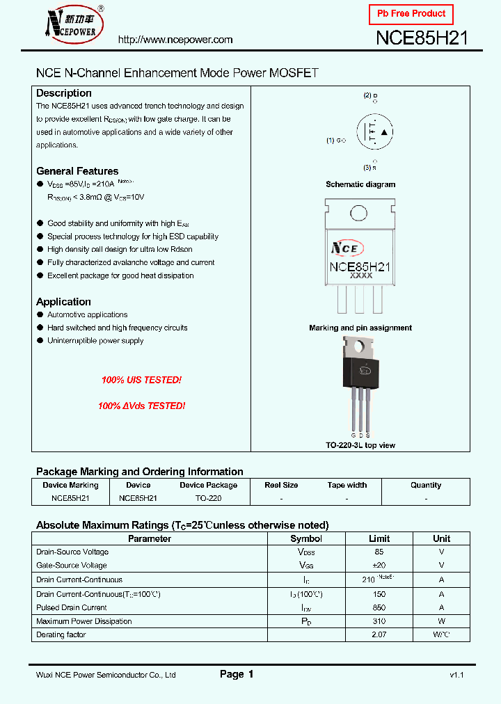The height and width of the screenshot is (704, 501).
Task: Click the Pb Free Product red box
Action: click(411, 14)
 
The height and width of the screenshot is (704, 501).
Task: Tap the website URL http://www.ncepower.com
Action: click(175, 40)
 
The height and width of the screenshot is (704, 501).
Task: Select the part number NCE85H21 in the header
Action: click(422, 38)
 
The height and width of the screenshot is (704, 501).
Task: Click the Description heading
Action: click(64, 93)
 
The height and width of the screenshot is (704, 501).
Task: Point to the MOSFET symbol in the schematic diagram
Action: click(374, 132)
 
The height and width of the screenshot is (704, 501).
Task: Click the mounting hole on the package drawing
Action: click(359, 213)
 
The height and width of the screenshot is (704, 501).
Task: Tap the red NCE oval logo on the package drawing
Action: click(347, 248)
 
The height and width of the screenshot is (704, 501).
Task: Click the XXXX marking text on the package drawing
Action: click(360, 276)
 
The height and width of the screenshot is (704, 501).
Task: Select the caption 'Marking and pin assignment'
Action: click(360, 328)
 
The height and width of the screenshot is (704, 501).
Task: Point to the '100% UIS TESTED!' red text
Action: click(141, 381)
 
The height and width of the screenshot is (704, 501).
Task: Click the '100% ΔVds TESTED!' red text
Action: click(141, 406)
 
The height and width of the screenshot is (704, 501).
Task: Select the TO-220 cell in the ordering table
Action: click(208, 498)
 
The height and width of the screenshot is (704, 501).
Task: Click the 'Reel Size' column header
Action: click(281, 485)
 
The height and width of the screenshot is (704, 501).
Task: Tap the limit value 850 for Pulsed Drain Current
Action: click(379, 607)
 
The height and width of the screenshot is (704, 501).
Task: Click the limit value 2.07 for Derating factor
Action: click(379, 634)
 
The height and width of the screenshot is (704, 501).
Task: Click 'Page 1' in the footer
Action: click(237, 674)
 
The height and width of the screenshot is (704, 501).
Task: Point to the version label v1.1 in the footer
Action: click(456, 675)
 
